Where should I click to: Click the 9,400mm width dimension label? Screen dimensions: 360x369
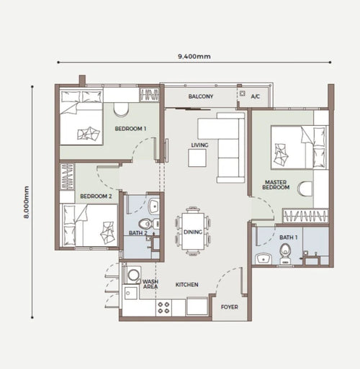tap(194, 56)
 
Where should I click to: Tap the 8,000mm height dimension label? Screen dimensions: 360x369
tap(26, 202)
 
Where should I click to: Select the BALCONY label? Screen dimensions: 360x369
tap(201, 96)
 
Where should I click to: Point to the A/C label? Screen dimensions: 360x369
tap(256, 96)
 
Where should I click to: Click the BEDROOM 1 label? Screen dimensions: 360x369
tap(130, 129)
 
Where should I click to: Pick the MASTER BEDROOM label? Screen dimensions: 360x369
tap(276, 185)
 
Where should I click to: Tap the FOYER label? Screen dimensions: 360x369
tap(230, 307)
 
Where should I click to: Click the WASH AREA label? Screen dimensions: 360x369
tap(150, 284)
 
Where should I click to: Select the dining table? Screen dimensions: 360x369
tap(193, 232)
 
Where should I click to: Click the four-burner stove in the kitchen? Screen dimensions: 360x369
tap(163, 308)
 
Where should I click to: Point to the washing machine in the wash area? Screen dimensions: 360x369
tap(132, 275)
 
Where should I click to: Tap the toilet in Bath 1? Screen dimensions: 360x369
tap(285, 254)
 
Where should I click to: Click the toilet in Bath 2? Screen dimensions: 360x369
tap(146, 224)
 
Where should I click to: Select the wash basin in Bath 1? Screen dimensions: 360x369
tap(264, 259)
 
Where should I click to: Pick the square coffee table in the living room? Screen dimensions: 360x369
tap(197, 158)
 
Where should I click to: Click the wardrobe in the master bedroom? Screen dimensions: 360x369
tap(305, 216)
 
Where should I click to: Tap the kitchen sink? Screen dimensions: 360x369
tap(130, 293)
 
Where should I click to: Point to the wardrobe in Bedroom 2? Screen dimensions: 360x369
tap(67, 177)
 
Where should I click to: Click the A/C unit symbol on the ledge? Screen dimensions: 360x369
tap(243, 94)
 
